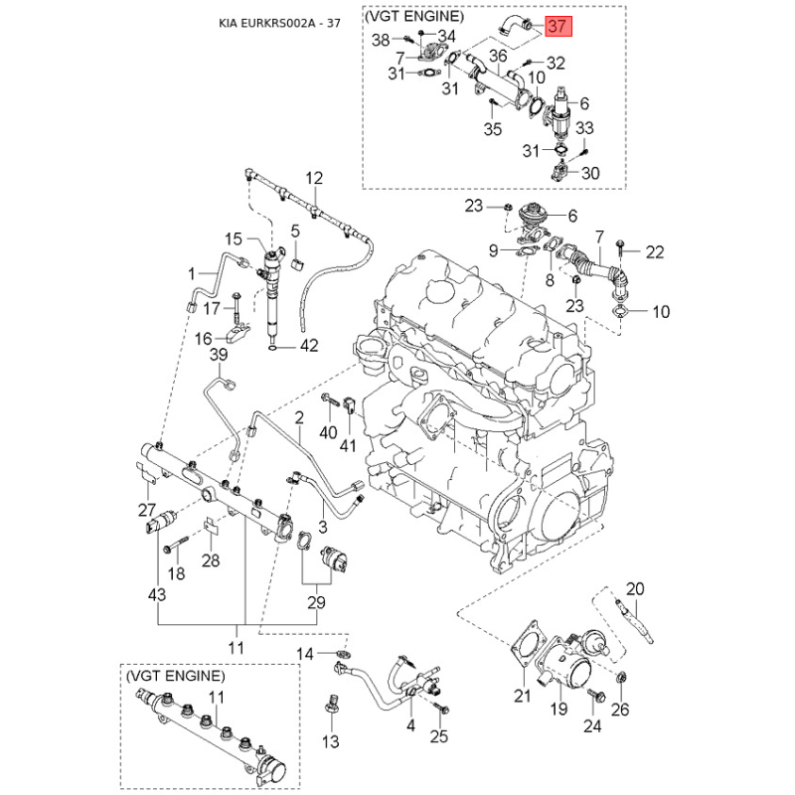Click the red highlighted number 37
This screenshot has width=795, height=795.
(557, 27)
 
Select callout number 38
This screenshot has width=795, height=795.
(382, 41)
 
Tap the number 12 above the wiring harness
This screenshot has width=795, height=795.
(314, 179)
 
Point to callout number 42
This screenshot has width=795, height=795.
(309, 346)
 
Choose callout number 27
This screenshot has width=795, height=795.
(147, 511)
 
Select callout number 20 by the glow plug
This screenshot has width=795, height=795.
(635, 588)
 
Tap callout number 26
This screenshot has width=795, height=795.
(620, 710)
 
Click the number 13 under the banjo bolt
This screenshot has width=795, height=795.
(331, 741)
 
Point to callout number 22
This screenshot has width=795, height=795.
(654, 252)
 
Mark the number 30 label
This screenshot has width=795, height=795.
(590, 172)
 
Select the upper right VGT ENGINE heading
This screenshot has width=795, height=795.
(414, 17)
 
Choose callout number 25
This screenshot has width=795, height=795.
(439, 736)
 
